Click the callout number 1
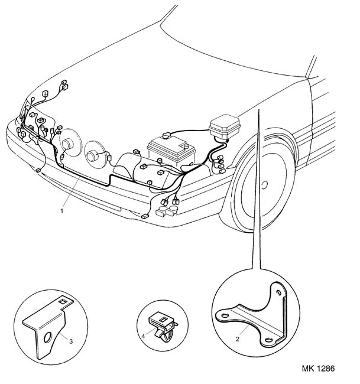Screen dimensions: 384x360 pos(61,209)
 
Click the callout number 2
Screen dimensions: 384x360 pos(238,339)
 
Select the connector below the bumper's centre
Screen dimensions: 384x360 pos(145,216)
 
